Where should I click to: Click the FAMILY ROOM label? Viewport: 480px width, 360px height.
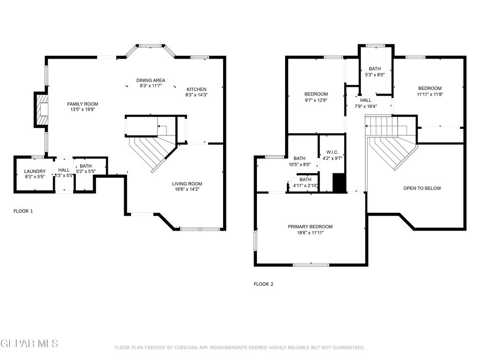[82, 104]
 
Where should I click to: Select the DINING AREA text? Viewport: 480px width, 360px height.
[150, 80]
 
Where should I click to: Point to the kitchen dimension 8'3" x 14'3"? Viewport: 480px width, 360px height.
[196, 95]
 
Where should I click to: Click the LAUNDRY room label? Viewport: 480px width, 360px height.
[35, 172]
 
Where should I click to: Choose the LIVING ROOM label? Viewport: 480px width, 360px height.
[187, 184]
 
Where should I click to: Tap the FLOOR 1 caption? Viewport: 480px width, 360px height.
[23, 211]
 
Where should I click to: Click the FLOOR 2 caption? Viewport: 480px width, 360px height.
[263, 284]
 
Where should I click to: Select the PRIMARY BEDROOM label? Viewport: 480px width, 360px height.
[310, 227]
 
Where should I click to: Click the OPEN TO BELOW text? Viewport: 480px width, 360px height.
[422, 188]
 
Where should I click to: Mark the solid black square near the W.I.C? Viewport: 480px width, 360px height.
[338, 183]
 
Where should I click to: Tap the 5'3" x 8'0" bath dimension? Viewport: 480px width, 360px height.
[375, 75]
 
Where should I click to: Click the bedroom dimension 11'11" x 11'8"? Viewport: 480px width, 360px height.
[429, 94]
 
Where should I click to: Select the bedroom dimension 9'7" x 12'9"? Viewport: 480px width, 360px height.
[316, 100]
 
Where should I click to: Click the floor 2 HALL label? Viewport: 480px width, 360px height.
[366, 100]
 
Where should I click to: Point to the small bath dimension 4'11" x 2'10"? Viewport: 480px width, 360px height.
[305, 185]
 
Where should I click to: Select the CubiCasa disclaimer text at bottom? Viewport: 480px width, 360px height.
[240, 347]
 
